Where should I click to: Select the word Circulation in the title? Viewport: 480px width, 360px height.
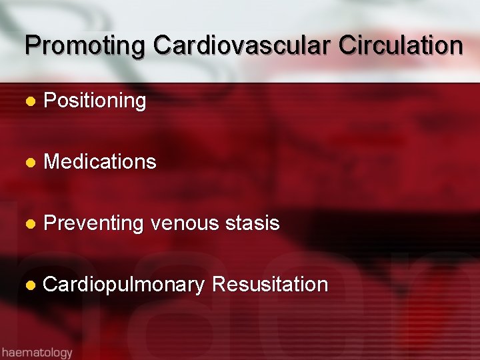pos(401,46)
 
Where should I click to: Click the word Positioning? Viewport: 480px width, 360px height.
pos(95,101)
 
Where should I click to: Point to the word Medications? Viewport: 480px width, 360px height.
pos(100,162)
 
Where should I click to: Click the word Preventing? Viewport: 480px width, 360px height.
pos(93,223)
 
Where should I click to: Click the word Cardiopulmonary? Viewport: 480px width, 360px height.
pos(123,285)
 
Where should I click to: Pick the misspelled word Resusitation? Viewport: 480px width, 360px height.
pos(269,285)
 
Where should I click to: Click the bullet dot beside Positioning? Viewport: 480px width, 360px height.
pos(29,102)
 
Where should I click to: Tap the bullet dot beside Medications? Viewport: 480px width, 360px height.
pos(29,163)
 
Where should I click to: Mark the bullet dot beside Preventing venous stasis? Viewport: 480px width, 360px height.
pos(29,224)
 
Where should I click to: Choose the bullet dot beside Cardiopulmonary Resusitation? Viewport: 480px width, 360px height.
pos(29,285)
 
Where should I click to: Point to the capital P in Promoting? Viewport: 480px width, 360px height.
pos(32,46)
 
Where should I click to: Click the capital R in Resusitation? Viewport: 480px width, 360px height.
pos(218,285)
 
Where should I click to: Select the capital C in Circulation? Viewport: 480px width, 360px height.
pos(347,46)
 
